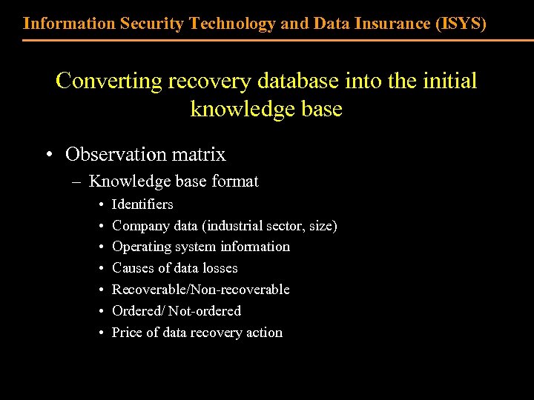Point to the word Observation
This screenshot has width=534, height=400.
point(116,154)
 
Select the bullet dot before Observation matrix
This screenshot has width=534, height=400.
point(48,154)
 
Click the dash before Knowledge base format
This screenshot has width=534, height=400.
point(78,181)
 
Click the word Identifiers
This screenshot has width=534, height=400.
point(142,204)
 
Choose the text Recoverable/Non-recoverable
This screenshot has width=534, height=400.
point(200,290)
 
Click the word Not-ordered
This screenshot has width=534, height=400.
point(205,311)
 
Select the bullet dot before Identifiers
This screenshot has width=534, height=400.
point(100,204)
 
